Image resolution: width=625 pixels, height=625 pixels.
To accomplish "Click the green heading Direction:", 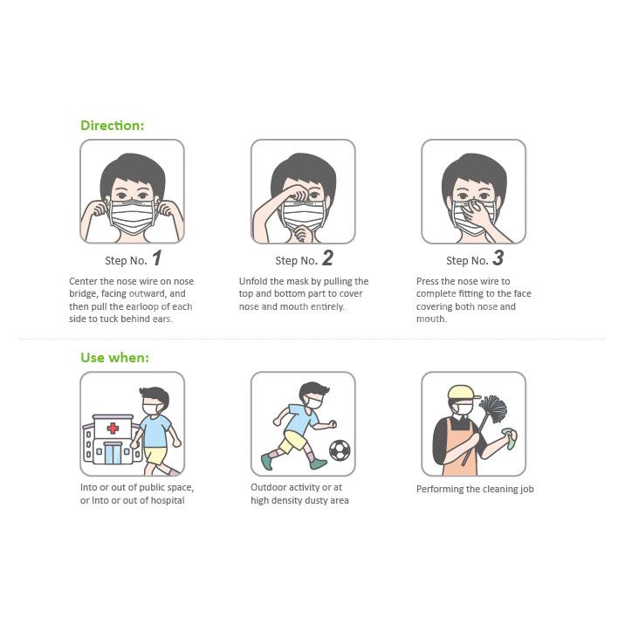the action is click(x=112, y=126).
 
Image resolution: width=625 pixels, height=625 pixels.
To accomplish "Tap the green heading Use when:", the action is click(x=115, y=358).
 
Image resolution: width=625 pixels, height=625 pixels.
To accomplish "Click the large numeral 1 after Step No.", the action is click(x=157, y=258).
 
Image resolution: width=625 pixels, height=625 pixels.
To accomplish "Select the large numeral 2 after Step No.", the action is click(x=327, y=258).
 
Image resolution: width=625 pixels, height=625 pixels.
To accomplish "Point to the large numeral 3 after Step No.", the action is click(x=498, y=258).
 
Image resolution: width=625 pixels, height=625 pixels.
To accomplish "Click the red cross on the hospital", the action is click(x=113, y=428).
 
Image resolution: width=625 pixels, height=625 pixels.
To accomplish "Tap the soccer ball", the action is click(x=340, y=450).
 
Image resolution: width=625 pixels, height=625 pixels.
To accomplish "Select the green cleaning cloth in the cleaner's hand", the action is click(x=510, y=437).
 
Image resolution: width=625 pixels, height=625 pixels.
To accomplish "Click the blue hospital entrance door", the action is click(x=113, y=453).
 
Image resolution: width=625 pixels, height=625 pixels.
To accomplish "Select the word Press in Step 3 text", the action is click(x=428, y=281).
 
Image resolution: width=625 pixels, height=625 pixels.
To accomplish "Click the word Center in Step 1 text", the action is click(x=83, y=281).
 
